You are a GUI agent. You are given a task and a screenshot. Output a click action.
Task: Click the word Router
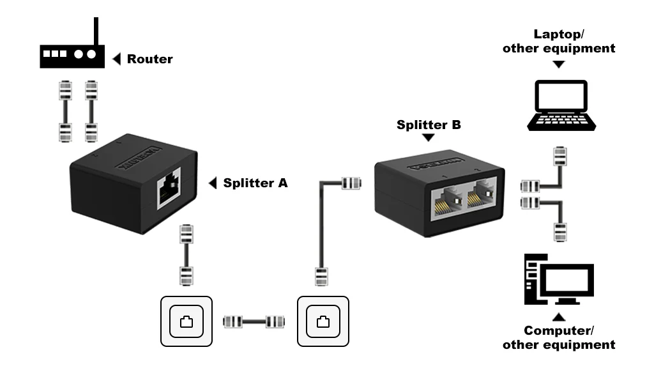(149, 59)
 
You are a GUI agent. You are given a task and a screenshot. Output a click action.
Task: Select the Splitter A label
(255, 183)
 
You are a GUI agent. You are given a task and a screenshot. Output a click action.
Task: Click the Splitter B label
(429, 125)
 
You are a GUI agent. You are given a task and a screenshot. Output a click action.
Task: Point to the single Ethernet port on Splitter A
(169, 188)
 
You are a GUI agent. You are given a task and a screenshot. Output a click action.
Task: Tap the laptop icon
(560, 105)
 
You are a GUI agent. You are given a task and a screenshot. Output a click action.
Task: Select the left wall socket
(186, 321)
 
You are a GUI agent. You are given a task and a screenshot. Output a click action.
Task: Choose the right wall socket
(323, 321)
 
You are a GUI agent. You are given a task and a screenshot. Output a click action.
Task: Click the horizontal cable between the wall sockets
(254, 321)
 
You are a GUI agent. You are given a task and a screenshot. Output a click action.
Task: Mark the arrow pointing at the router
(116, 59)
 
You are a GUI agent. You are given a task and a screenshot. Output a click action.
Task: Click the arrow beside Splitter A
(213, 183)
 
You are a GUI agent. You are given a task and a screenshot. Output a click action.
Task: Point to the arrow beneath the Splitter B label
(429, 137)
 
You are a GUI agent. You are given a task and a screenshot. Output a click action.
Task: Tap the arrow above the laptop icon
(559, 64)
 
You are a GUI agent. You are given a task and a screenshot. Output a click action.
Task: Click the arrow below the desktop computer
(559, 317)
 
